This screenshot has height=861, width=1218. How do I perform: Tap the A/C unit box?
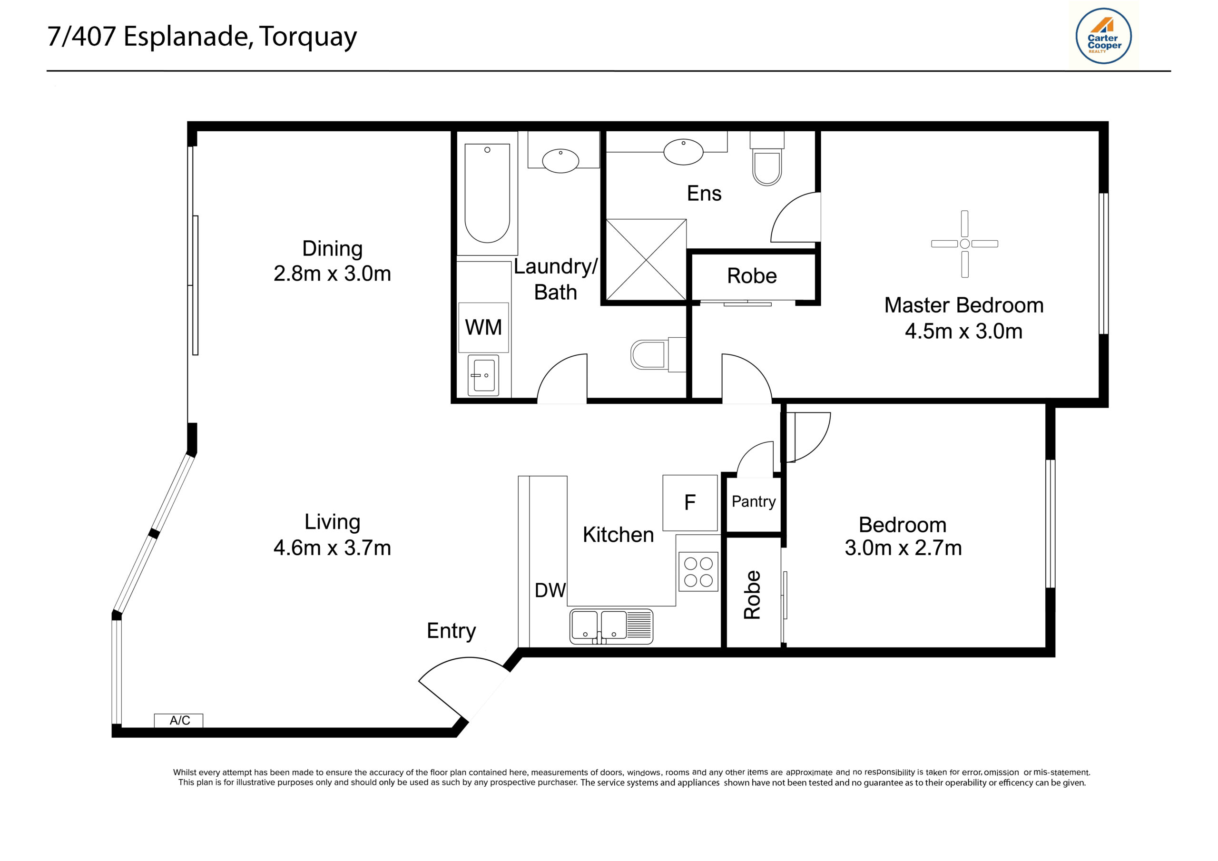(x=179, y=720)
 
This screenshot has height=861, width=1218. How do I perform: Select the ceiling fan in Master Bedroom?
(x=964, y=244)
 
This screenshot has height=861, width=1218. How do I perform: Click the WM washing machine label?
(x=483, y=327)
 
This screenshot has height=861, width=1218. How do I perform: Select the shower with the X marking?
(x=646, y=259)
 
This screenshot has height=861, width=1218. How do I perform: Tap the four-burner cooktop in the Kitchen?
(x=698, y=572)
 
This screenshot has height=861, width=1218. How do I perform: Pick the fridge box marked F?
(x=689, y=502)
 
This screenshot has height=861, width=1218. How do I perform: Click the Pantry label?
(x=753, y=501)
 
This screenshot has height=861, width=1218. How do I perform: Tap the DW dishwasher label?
(x=550, y=590)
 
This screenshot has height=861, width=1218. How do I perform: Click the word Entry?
(x=451, y=631)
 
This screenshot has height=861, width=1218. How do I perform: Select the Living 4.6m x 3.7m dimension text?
(x=332, y=548)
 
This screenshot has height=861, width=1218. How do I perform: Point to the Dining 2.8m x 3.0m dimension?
(x=332, y=274)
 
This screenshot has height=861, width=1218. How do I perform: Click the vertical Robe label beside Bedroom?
(x=752, y=595)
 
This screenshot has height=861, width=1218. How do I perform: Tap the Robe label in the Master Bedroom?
(x=751, y=276)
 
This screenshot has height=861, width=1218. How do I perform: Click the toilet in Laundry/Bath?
(x=650, y=354)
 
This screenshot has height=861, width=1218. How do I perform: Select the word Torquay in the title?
(x=308, y=37)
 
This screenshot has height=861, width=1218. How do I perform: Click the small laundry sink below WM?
(x=483, y=375)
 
